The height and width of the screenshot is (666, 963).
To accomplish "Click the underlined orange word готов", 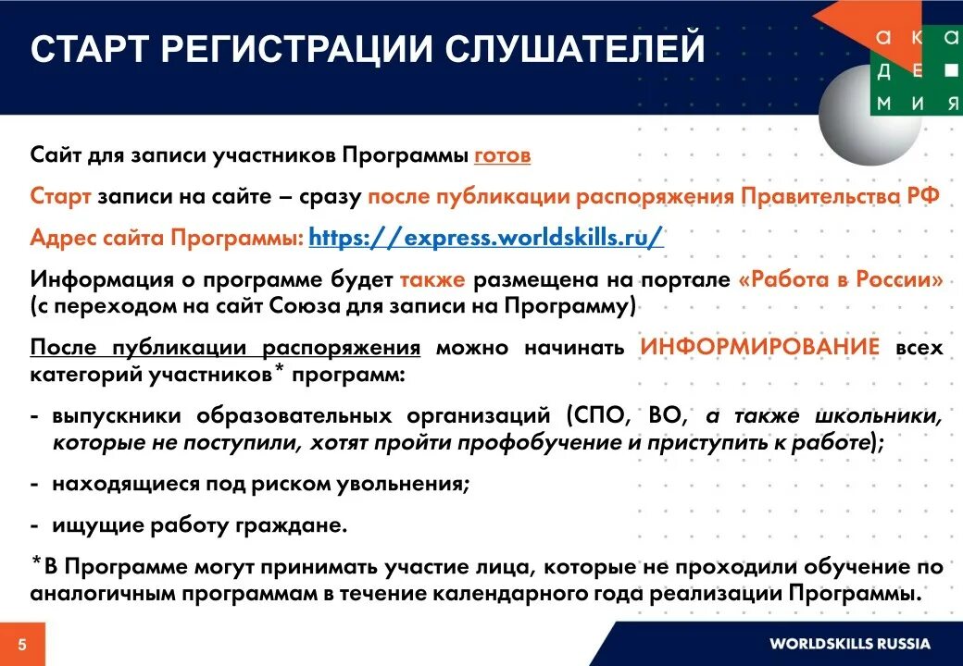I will click(x=503, y=155).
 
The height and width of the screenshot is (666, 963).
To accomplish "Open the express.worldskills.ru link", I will click(x=486, y=237).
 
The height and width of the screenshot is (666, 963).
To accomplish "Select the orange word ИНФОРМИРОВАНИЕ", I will click(x=759, y=348).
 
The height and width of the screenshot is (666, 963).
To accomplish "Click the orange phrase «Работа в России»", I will click(x=841, y=280).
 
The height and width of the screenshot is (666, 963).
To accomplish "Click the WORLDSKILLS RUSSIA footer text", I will click(x=849, y=644).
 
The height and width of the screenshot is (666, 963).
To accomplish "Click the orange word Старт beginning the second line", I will click(x=60, y=197).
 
